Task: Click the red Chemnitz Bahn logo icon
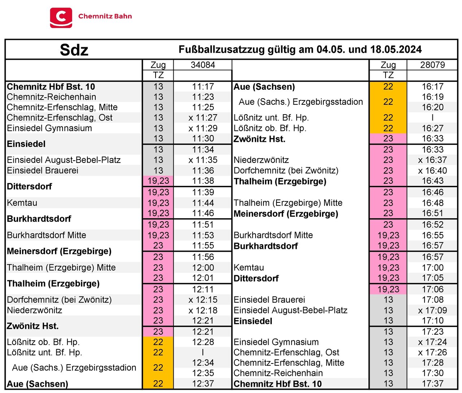coord(61,17)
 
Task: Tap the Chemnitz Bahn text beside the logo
coord(105,16)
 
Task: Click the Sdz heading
coord(74,50)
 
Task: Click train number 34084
coord(203,65)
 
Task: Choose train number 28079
coord(432,65)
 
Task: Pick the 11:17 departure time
coord(203,86)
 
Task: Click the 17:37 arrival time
coord(432,384)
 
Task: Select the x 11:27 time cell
coord(203,118)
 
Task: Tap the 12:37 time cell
coord(203,384)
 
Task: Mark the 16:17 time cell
coord(432,86)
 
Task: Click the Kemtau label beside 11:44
coord(22,203)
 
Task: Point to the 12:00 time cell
coord(203,268)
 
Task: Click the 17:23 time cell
coord(432,331)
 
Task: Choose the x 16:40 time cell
coord(432,170)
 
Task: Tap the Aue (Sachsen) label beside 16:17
coord(264,87)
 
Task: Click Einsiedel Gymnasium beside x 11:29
coord(49,128)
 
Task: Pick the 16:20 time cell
coord(432,107)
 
